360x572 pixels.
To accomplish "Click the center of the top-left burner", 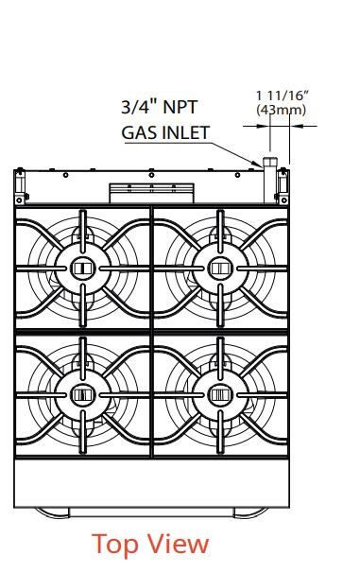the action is point(83,269).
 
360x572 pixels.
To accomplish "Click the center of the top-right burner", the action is point(220,269).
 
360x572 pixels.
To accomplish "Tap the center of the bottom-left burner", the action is point(83,395).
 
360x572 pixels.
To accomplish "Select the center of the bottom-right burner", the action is point(220,395).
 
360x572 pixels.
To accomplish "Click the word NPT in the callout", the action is point(180,107).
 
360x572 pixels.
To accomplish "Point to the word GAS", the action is point(137,132).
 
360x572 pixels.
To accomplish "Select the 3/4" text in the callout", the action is point(140,107).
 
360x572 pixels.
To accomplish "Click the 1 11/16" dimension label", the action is point(282,95).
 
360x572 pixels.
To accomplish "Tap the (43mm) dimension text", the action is point(282,110).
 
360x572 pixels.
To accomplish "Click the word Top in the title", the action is point(115,545).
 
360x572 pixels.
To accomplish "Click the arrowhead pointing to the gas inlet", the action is point(257,164).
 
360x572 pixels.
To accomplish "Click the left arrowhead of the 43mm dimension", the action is point(264,127).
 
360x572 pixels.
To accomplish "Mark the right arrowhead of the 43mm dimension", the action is point(296,127).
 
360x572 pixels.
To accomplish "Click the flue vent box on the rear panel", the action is point(152,193).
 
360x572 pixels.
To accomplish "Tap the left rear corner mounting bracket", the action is point(20,186).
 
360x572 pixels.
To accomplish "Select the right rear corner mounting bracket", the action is point(283,186).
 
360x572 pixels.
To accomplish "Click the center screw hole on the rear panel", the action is point(151,175).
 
